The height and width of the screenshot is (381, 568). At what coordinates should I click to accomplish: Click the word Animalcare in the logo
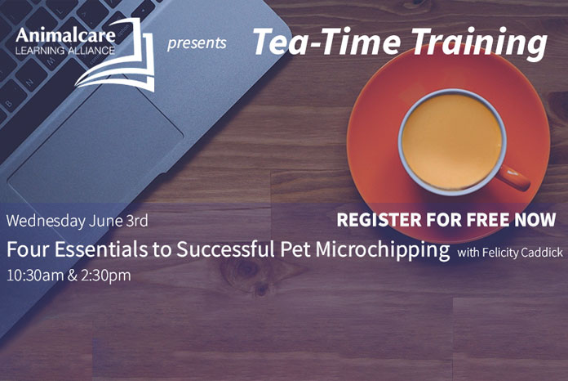[x=65, y=35]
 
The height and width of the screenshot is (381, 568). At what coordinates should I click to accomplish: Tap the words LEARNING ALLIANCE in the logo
[x=65, y=51]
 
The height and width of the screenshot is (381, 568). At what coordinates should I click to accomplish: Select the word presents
[x=197, y=43]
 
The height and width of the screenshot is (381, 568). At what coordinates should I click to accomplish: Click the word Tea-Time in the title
[x=326, y=42]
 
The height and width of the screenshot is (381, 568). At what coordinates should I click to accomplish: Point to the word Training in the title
[x=479, y=44]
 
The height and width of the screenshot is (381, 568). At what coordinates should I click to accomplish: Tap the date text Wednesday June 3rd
[x=78, y=221]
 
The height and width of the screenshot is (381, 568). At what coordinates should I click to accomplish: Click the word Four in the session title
[x=29, y=249]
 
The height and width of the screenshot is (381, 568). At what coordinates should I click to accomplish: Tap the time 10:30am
[x=35, y=276]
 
